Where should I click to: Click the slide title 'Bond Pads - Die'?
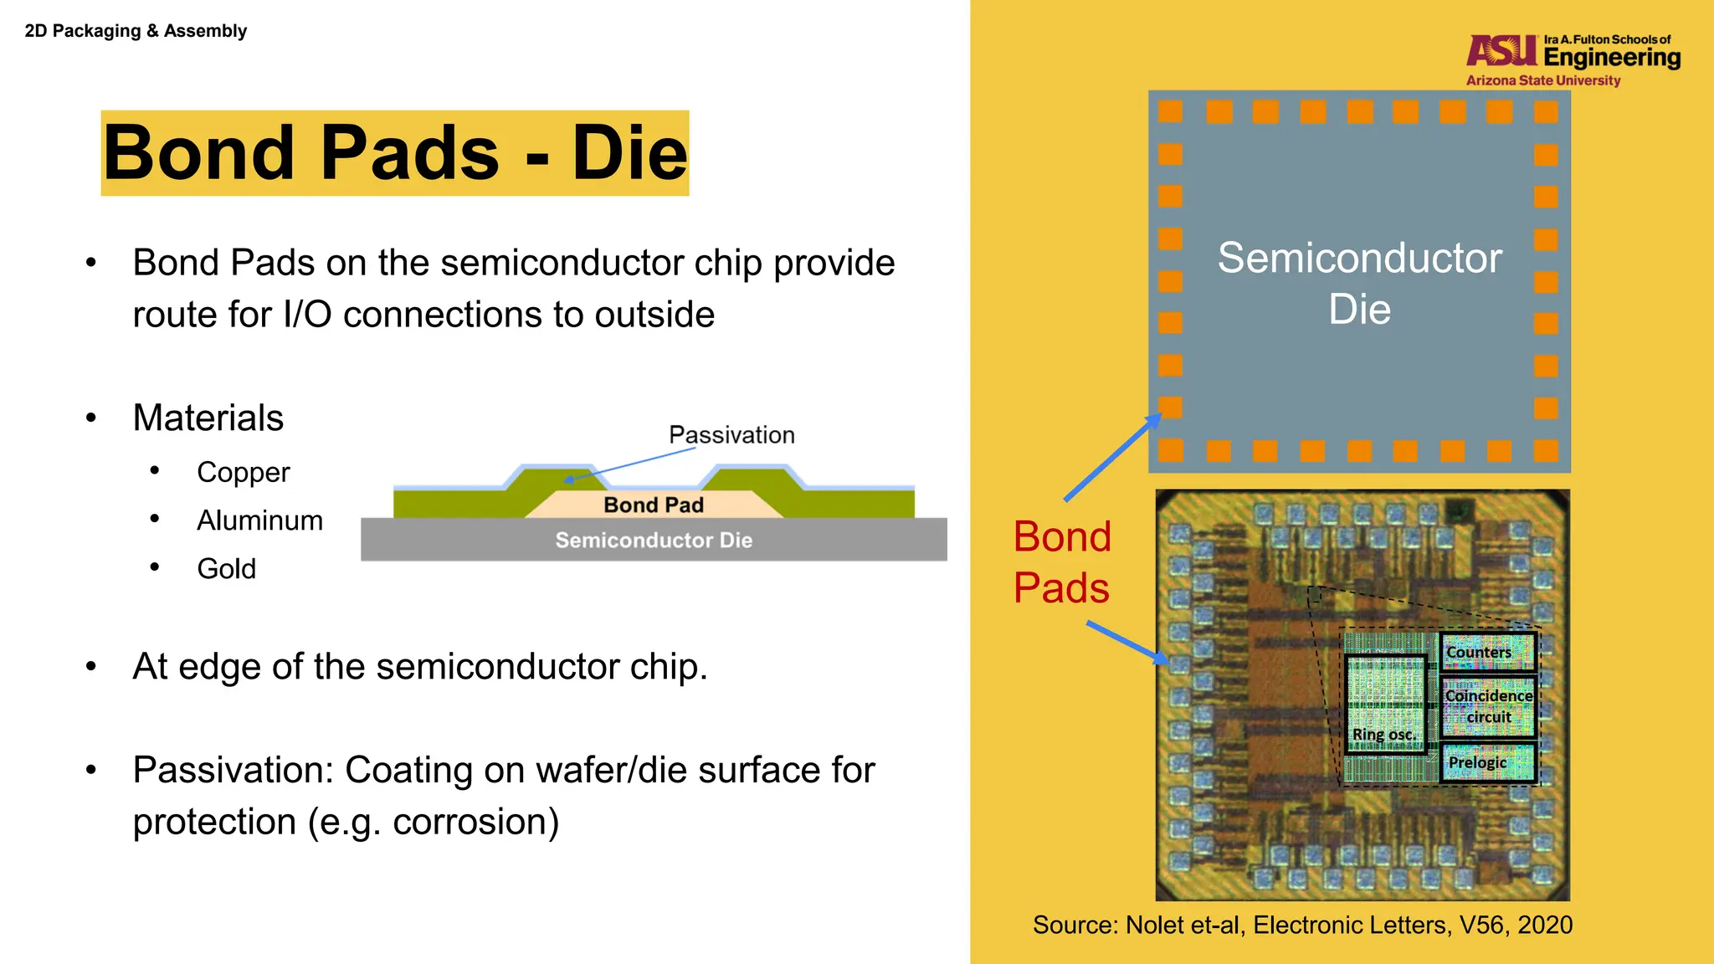click(x=395, y=153)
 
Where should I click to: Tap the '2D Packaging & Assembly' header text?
click(x=136, y=31)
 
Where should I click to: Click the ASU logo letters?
click(x=1501, y=52)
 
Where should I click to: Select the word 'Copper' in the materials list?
click(x=243, y=473)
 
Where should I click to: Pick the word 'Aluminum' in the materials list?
click(x=259, y=520)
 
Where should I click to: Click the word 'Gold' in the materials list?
click(x=226, y=569)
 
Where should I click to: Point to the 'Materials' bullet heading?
click(x=208, y=418)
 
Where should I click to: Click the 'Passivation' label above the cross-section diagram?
click(x=731, y=435)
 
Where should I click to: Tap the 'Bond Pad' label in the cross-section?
click(x=654, y=505)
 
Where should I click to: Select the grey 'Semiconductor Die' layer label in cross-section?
click(x=654, y=541)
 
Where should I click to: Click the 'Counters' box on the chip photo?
click(x=1486, y=652)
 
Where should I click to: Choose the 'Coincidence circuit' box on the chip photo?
click(x=1488, y=706)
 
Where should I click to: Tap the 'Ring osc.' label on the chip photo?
click(x=1384, y=734)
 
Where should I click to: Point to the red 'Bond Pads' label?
click(x=1061, y=561)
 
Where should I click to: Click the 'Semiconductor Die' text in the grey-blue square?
click(x=1359, y=283)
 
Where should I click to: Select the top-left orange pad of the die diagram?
click(x=1170, y=111)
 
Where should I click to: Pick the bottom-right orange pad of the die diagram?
click(x=1546, y=451)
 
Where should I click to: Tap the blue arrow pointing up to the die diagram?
click(x=1111, y=458)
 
